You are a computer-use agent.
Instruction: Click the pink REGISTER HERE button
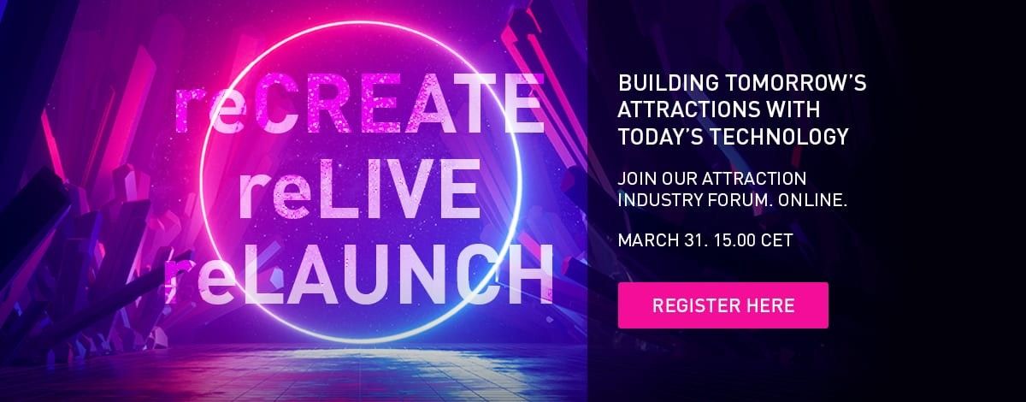click(x=722, y=305)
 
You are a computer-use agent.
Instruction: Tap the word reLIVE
click(x=358, y=193)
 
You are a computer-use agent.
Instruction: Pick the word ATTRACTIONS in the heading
click(x=690, y=110)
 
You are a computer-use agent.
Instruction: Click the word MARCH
click(x=644, y=240)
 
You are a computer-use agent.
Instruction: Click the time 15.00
click(x=733, y=240)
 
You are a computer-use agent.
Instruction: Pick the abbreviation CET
click(x=778, y=240)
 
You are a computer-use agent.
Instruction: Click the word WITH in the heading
click(x=795, y=110)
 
